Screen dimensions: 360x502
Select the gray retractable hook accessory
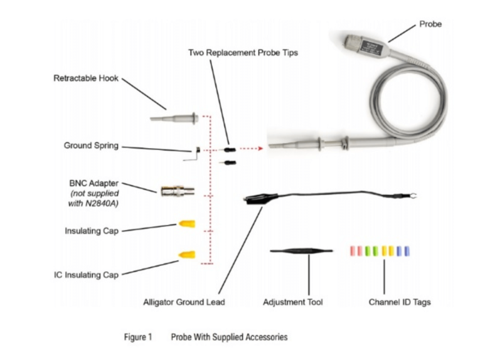click(175, 118)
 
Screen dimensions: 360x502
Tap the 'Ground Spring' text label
click(90, 146)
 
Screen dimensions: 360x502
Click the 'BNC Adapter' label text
click(94, 183)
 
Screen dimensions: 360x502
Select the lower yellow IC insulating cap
click(186, 254)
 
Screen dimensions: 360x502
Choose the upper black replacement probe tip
click(230, 150)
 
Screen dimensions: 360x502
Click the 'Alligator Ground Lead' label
click(184, 302)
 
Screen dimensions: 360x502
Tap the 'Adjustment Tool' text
click(293, 302)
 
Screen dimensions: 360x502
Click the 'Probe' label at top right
click(430, 25)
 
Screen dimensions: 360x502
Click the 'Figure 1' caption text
click(137, 337)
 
